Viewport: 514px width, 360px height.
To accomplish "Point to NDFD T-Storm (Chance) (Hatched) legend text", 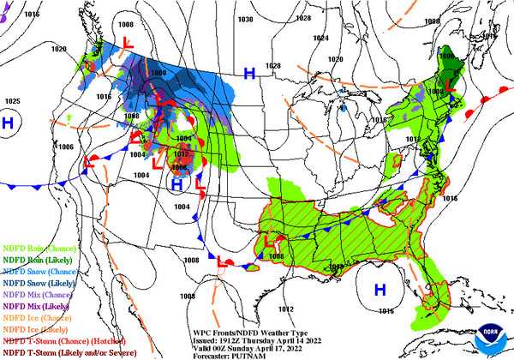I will [51, 341].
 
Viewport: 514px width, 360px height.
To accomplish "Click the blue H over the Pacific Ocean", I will [8, 124].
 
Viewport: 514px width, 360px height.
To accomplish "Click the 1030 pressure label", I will [245, 19].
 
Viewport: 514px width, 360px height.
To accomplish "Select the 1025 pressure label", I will [12, 101].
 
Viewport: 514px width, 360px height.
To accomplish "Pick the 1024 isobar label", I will [320, 38].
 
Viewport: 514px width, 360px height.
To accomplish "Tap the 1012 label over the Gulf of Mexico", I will [285, 309].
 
